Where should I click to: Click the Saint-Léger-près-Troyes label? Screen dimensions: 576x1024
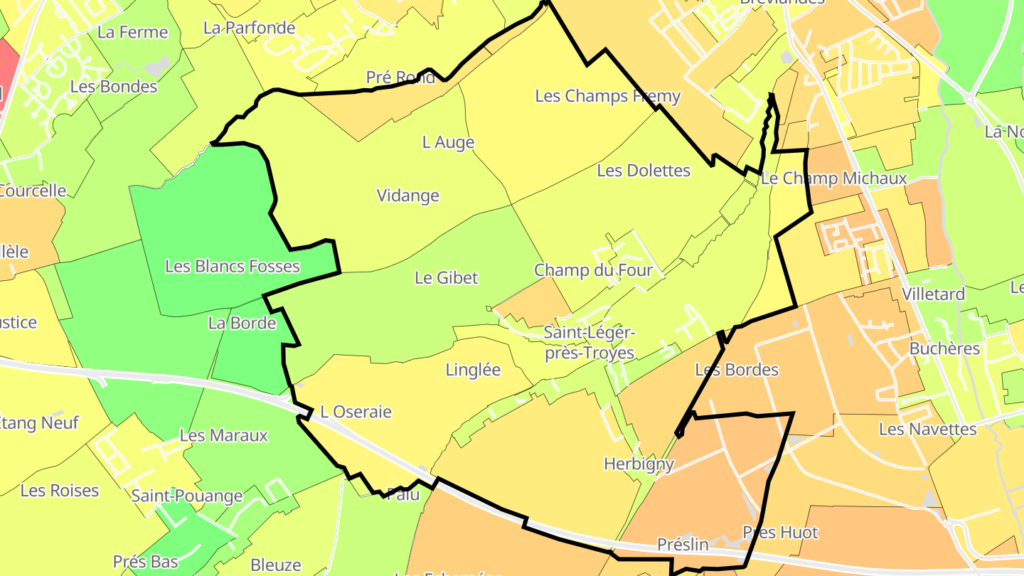(589, 343)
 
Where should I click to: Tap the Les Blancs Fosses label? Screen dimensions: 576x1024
(233, 267)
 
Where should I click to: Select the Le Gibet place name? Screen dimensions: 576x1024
(447, 278)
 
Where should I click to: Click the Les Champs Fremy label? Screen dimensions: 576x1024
(607, 96)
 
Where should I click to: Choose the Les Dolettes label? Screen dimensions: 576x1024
(644, 171)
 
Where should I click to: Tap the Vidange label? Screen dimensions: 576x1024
(407, 196)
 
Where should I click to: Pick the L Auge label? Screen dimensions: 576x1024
(448, 142)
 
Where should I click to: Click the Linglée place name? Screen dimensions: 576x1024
(473, 370)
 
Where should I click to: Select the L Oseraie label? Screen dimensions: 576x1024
(356, 412)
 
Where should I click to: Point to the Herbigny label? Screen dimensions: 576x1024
(639, 464)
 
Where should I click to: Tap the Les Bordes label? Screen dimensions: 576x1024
(737, 370)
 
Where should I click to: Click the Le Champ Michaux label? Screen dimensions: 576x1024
(834, 178)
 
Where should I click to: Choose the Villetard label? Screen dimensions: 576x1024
(933, 294)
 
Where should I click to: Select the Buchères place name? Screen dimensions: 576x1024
(944, 349)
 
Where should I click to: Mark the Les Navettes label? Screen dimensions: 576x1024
(927, 430)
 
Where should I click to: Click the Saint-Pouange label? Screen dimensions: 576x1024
(187, 496)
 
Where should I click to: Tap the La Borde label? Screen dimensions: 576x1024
(242, 324)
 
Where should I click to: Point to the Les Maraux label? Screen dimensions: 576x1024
(223, 435)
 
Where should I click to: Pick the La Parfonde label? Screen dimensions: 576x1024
(249, 28)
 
